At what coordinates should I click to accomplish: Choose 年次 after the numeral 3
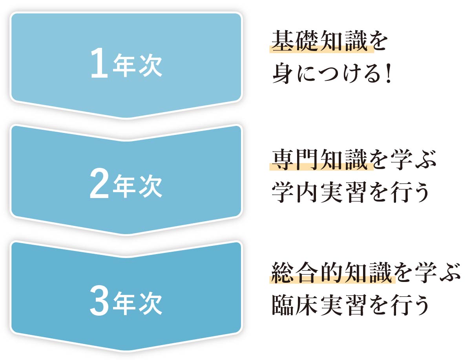[137, 303]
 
